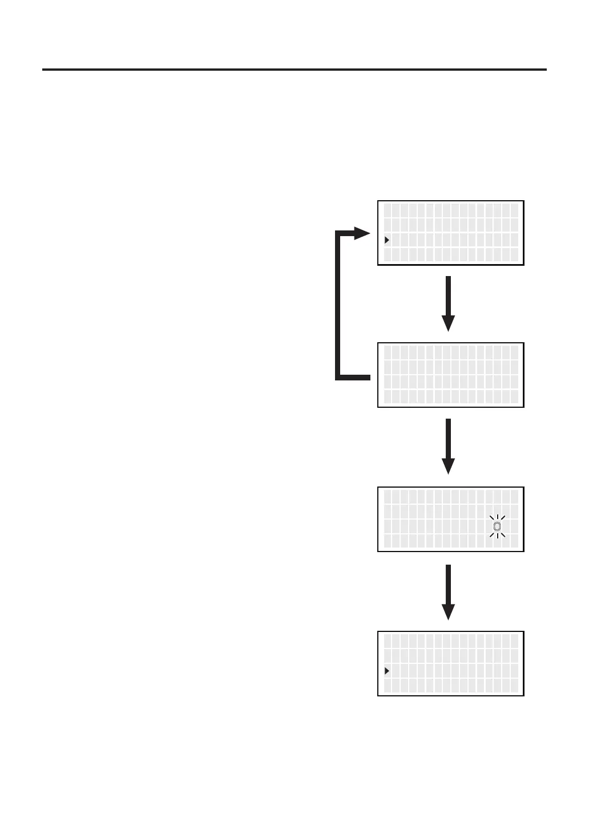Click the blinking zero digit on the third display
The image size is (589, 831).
(497, 526)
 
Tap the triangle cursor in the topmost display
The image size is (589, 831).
(387, 240)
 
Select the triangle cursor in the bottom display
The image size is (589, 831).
(387, 671)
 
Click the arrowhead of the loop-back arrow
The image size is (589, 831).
(362, 233)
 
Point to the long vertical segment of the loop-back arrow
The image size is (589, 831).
(338, 305)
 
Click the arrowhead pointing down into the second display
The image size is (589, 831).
(449, 323)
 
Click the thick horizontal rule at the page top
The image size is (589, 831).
(294, 70)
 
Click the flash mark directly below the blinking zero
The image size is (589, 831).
(497, 536)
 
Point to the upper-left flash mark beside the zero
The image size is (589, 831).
(491, 518)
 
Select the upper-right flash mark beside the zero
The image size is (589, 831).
(503, 518)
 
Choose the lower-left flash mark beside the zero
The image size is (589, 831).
(491, 535)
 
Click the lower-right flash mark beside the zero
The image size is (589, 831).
(503, 535)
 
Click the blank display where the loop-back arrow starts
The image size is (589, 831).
(451, 375)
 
